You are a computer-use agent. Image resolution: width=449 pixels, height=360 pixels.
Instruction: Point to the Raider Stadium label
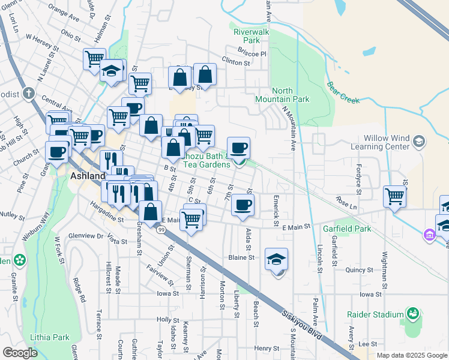click(x=375, y=314)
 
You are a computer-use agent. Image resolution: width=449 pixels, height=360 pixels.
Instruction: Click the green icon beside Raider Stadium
click(x=412, y=313)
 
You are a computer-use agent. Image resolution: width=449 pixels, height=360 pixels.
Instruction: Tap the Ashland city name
click(x=88, y=176)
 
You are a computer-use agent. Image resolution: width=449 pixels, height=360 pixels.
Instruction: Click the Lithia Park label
click(x=52, y=337)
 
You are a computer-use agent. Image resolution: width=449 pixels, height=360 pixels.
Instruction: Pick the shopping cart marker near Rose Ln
click(x=394, y=196)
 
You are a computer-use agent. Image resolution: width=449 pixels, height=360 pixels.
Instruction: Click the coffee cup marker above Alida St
click(x=243, y=206)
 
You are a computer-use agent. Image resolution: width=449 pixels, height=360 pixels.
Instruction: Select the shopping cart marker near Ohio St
click(x=94, y=59)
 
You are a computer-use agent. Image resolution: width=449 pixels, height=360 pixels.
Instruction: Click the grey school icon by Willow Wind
click(x=419, y=141)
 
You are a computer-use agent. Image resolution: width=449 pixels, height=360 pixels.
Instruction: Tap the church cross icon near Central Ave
click(x=28, y=93)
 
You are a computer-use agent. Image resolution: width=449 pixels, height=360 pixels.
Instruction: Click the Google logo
click(x=20, y=353)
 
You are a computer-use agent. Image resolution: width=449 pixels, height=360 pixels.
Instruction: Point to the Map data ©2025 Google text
click(x=412, y=355)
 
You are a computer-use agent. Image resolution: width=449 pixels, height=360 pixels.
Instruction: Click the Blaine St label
click(x=242, y=257)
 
